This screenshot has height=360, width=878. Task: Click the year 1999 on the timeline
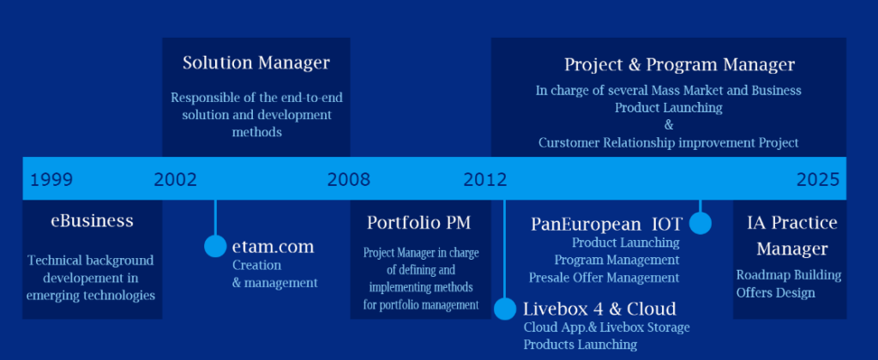click(x=51, y=180)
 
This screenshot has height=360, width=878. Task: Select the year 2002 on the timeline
click(x=175, y=180)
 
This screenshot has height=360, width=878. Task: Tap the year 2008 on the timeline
click(x=349, y=180)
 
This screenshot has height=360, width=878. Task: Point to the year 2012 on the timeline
click(x=485, y=180)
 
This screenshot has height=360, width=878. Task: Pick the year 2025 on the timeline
click(x=818, y=180)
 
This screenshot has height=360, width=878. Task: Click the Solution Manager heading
click(x=256, y=63)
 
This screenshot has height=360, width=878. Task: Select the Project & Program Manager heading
click(x=679, y=65)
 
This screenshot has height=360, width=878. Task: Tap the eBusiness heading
click(x=93, y=220)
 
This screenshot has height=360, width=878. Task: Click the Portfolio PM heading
click(x=418, y=223)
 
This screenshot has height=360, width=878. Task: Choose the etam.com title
click(x=274, y=246)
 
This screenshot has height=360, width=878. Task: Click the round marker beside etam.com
click(x=215, y=246)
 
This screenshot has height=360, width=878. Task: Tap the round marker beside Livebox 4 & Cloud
click(x=504, y=309)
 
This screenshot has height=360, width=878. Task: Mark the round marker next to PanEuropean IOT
click(x=700, y=223)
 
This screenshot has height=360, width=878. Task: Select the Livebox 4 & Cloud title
click(x=599, y=309)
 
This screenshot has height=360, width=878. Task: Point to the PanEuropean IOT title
click(x=606, y=225)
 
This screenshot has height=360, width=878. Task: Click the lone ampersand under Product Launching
click(x=669, y=125)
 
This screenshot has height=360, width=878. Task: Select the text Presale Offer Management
click(x=604, y=278)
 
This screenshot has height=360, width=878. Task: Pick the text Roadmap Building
click(x=789, y=275)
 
